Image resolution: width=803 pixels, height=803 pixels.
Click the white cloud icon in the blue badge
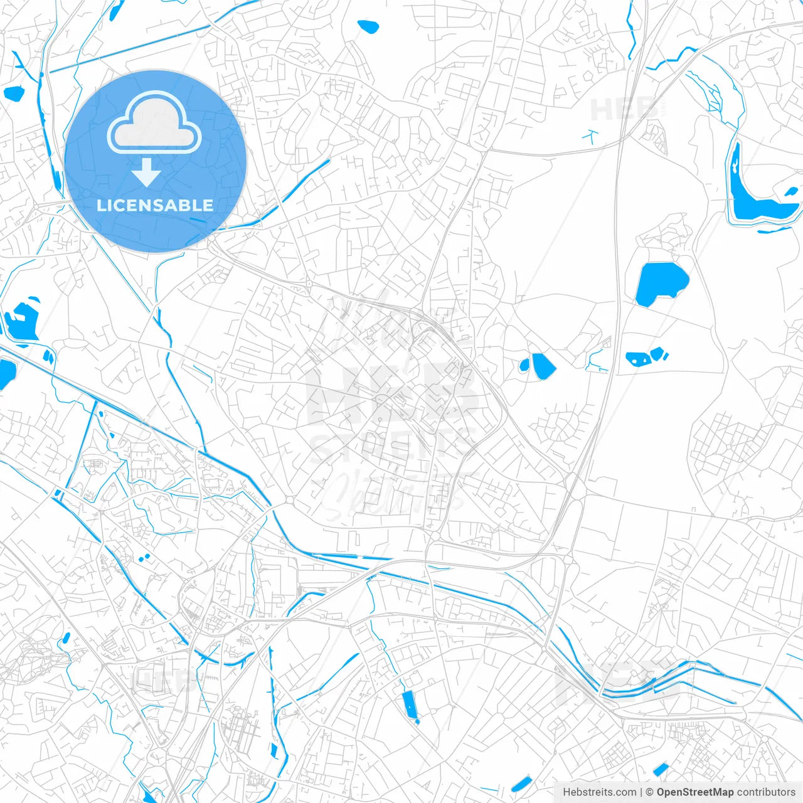154,123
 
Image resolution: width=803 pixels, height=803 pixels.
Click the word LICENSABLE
155,205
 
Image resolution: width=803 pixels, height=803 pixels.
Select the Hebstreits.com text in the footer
599,792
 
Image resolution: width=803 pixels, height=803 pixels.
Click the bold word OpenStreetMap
694,792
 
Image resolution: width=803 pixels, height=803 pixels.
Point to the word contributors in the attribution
766,792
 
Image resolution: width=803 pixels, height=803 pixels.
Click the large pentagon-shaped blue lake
661,284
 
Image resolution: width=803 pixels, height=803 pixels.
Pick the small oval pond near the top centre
368,26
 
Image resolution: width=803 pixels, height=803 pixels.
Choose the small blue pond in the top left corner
13,93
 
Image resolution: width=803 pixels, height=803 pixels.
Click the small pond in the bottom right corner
661,768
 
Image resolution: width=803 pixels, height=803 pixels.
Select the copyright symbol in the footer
650,792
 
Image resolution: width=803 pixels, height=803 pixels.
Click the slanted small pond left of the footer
521,784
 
